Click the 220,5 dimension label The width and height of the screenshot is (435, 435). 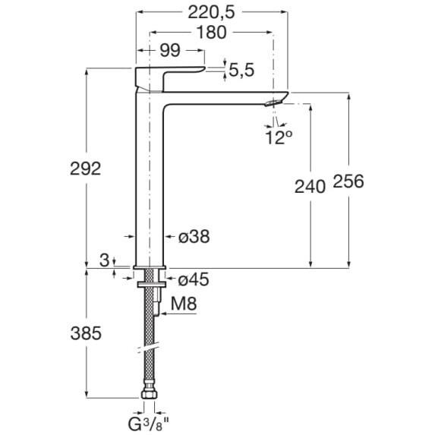tap(211, 12)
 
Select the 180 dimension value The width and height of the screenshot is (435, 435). tap(211, 33)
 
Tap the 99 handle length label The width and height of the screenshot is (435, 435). tap(170, 51)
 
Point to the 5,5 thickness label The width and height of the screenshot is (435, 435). tap(241, 70)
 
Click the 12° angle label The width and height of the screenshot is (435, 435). tap(279, 137)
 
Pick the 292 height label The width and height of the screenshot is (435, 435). tap(86, 169)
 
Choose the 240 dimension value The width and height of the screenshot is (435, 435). tap(310, 187)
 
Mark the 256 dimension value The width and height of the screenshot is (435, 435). tap(348, 181)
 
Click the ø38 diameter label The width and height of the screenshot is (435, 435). tap(194, 237)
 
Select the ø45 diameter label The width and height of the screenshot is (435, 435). tap(194, 279)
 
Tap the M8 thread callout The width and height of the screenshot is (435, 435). tap(184, 304)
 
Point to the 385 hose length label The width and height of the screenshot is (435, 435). tap(86, 333)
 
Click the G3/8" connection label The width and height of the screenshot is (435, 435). tap(149, 424)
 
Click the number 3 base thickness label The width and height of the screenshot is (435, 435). tap(104, 260)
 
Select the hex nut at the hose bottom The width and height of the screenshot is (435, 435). tap(150, 394)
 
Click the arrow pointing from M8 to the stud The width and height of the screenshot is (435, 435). tap(178, 314)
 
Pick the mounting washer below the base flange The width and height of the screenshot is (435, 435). tap(152, 284)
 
